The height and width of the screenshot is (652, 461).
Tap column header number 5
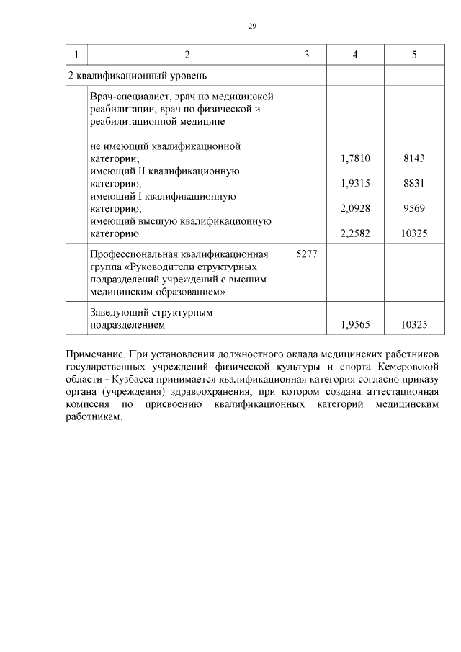(x=414, y=55)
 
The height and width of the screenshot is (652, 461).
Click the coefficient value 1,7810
(x=355, y=158)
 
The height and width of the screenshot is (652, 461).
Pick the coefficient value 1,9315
(x=355, y=184)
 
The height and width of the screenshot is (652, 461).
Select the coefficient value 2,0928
(x=355, y=208)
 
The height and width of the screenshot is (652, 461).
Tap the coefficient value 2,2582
(x=355, y=233)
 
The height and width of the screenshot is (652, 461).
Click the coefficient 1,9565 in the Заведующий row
(x=355, y=325)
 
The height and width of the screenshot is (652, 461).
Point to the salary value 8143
(x=414, y=158)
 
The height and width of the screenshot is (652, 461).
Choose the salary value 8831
(x=414, y=184)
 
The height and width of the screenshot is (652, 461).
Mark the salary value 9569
(x=414, y=208)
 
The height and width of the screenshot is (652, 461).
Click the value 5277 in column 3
(x=306, y=254)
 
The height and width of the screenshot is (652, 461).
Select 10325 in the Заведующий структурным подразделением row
(x=414, y=325)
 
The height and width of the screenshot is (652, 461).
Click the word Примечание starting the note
(x=95, y=354)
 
